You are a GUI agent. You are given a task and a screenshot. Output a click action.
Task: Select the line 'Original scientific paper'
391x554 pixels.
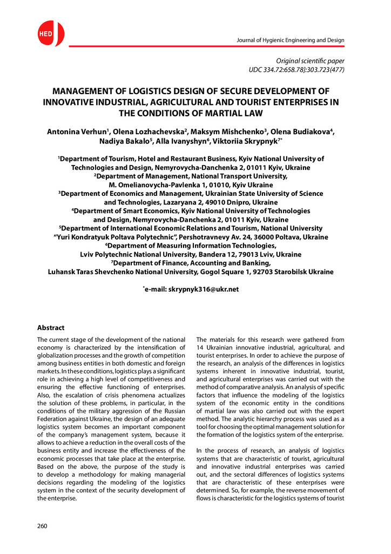(x=310, y=61)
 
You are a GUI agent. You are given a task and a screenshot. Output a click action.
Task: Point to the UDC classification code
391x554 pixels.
(x=296, y=70)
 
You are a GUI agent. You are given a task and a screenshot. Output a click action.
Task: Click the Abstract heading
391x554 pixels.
(x=50, y=328)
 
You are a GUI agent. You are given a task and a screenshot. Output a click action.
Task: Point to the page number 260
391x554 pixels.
(x=42, y=525)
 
